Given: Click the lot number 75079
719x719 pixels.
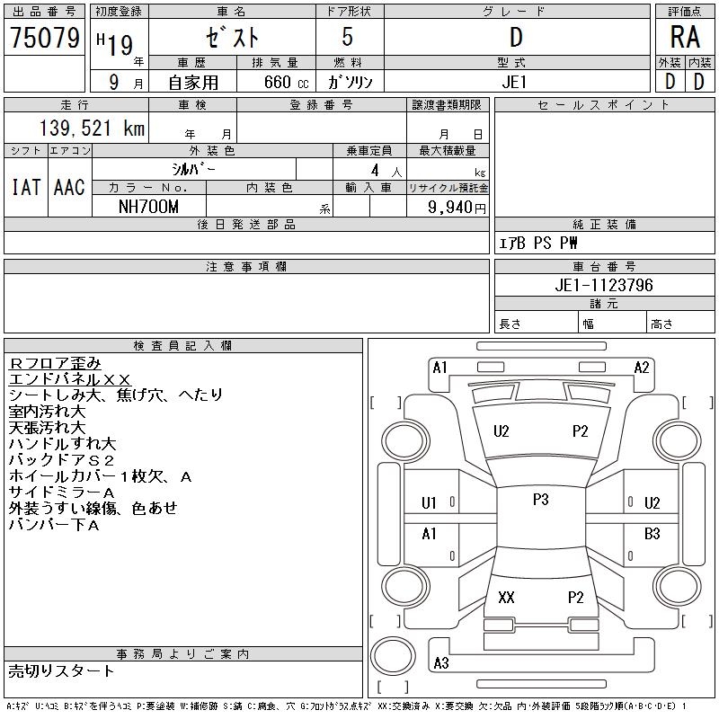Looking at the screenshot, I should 45,38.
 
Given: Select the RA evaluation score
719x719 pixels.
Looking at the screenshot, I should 685,38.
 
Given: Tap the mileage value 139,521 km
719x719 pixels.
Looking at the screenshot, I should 92,129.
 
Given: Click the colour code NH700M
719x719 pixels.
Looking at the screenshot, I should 149,206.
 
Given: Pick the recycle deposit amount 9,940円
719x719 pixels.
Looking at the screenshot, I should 458,207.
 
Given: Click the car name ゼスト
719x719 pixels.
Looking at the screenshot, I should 232,39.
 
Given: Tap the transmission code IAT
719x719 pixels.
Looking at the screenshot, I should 26,188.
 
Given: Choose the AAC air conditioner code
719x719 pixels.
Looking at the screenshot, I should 69,188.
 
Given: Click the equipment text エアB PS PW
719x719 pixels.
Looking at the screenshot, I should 538,243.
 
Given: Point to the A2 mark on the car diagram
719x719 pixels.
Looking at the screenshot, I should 642,367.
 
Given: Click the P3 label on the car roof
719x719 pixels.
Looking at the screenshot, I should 540,500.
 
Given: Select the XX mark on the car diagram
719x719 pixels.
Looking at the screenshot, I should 506,598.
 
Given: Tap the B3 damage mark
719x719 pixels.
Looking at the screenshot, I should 652,534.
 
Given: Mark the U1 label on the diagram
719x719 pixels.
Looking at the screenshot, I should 429,503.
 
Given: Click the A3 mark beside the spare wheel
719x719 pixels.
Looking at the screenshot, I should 440,663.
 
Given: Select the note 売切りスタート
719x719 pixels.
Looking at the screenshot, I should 61,670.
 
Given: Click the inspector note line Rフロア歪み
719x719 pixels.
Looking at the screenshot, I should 56,362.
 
